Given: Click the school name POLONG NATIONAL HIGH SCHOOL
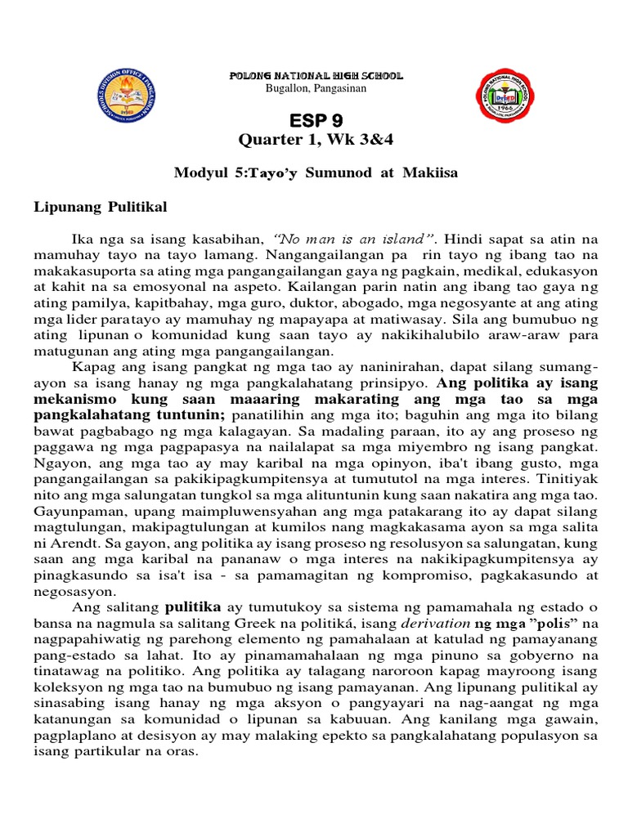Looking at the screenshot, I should pos(316,75).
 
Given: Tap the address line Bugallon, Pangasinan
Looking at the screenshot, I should pos(315,87).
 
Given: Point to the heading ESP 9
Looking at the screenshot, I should pos(315,120).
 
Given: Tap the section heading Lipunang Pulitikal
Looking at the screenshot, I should pos(100,208).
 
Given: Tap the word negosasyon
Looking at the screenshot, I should pos(70,591).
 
